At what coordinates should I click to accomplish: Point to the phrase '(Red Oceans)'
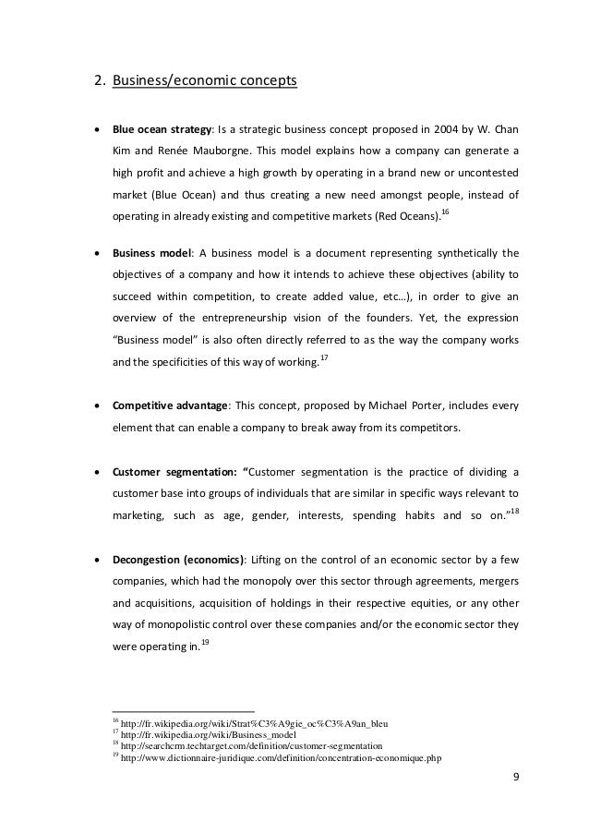coord(414,220)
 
